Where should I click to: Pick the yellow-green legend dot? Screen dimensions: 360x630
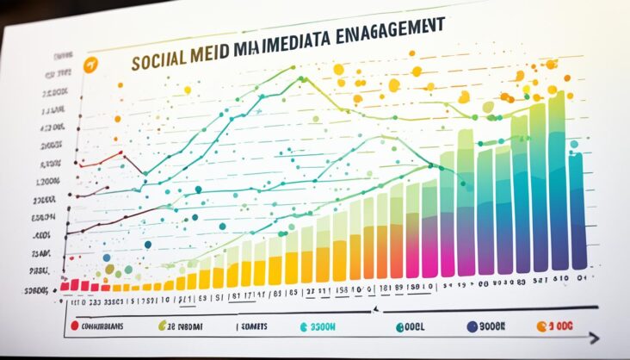point(162,326)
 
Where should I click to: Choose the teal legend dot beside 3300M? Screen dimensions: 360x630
point(302,326)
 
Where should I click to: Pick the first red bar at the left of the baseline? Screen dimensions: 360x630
point(64,285)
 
